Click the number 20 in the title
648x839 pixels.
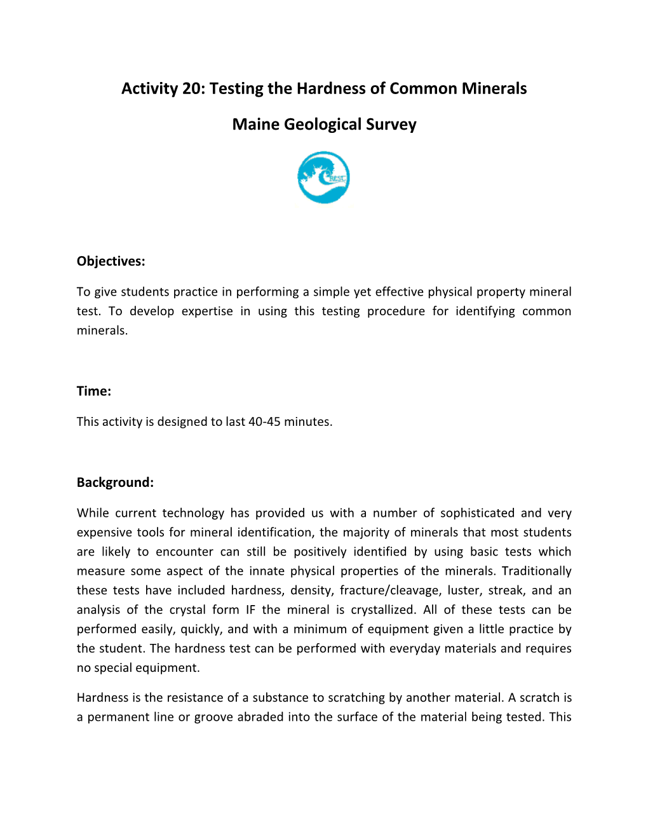[x=192, y=88]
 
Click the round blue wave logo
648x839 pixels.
[x=323, y=177]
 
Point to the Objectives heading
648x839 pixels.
[x=111, y=261]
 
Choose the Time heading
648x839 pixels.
[x=93, y=391]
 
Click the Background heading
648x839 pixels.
[x=115, y=482]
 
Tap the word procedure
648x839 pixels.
[x=396, y=311]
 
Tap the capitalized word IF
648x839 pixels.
[x=250, y=610]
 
